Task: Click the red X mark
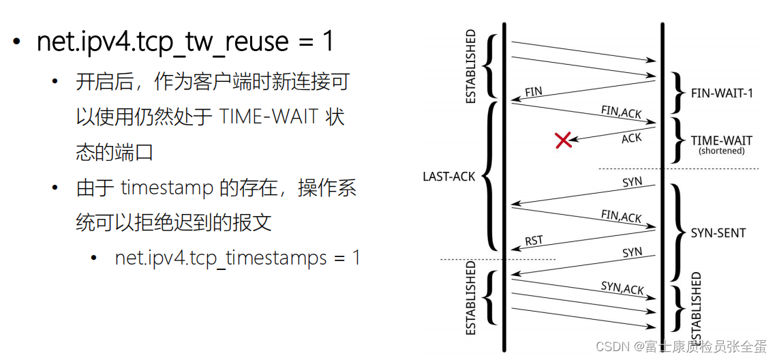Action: (563, 140)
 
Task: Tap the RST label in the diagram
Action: (534, 240)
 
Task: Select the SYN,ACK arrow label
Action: (622, 288)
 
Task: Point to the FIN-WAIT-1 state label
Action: (722, 93)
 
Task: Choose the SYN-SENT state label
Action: (718, 233)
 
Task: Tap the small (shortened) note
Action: (722, 151)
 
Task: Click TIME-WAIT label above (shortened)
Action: (722, 140)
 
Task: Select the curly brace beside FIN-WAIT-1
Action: (676, 91)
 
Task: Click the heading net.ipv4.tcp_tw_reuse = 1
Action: (185, 42)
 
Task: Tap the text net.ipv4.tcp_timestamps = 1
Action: (237, 258)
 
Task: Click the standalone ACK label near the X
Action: (631, 138)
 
